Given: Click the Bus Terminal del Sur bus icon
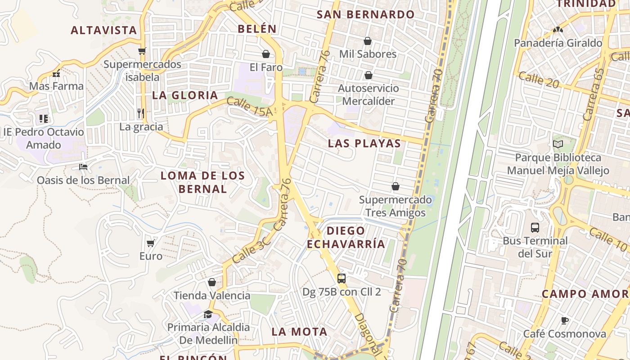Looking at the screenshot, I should point(535,227).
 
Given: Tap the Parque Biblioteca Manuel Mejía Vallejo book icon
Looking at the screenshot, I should point(558,144).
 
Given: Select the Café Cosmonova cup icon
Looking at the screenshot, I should point(565,321).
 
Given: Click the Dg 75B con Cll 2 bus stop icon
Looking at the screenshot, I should point(342,279).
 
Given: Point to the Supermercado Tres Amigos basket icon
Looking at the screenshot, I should point(396,186).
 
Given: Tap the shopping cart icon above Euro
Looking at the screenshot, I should point(151,243).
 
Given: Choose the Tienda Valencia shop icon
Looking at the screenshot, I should point(212,283).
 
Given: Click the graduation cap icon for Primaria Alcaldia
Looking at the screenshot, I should point(208,314).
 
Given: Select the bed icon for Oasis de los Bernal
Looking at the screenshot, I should point(83,167).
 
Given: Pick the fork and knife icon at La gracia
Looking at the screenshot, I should point(141,113).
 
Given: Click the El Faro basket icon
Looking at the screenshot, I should point(266,54).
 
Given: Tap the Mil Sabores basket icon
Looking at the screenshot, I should point(368,41).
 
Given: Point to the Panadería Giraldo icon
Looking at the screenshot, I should point(558,30).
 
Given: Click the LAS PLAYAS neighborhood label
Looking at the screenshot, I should point(364,144).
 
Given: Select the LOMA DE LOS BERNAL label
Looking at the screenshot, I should point(203,182).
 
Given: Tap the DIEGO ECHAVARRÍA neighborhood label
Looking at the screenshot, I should point(346,237).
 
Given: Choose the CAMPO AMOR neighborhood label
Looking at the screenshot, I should point(585,294).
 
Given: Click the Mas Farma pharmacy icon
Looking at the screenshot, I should point(56,73).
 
